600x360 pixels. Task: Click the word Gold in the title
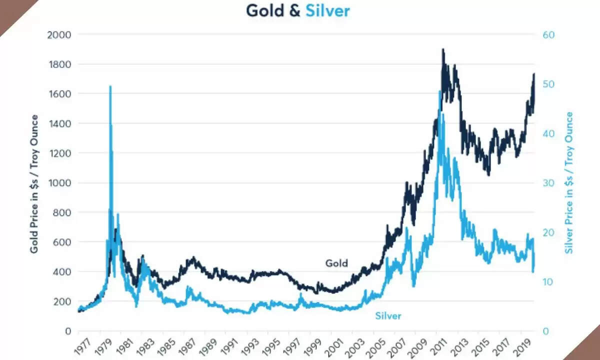point(265,11)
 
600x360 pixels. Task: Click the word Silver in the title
point(327,11)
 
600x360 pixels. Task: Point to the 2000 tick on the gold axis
point(59,35)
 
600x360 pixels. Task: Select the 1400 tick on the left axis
point(59,123)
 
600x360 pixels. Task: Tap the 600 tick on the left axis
point(61,242)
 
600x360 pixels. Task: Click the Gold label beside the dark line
point(336,263)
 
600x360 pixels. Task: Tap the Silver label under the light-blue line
point(388,316)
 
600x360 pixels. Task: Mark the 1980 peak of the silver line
point(110,86)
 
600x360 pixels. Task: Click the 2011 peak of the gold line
point(443,49)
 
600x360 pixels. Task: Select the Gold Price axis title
point(34,183)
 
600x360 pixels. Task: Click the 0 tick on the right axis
point(545,331)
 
